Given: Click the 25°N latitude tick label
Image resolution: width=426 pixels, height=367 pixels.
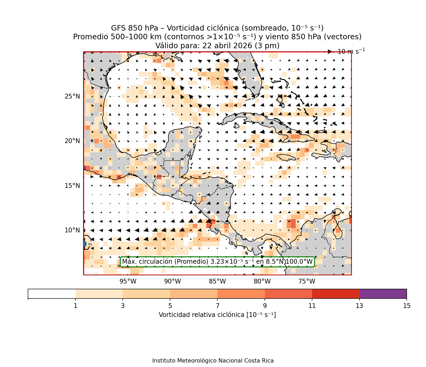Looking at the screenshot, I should [x=72, y=96].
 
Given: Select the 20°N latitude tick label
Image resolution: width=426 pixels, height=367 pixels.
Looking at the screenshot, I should [x=72, y=141].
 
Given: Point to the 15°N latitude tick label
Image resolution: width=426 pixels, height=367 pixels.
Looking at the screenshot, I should [x=72, y=186].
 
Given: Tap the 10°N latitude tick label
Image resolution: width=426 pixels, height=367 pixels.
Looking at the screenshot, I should [x=72, y=230].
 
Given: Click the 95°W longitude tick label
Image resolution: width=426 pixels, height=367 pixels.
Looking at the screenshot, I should [x=128, y=281].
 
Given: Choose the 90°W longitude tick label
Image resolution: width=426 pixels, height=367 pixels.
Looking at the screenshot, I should [x=173, y=281].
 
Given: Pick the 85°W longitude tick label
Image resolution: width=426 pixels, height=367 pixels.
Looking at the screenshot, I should [x=217, y=281].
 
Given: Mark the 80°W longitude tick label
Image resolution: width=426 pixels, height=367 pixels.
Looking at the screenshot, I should [x=262, y=281].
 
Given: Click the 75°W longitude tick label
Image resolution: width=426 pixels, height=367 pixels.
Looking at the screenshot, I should [x=307, y=281].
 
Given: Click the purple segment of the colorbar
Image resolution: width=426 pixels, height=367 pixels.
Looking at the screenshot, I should [x=383, y=294].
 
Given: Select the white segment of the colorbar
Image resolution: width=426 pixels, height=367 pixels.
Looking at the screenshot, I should [x=52, y=294].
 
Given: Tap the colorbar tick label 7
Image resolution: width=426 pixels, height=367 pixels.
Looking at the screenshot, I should [x=217, y=306].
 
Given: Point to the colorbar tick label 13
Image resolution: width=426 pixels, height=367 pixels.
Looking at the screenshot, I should [x=359, y=306].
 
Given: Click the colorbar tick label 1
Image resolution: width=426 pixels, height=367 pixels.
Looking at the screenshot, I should [x=75, y=306].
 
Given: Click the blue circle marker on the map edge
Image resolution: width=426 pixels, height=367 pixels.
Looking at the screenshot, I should [x=84, y=244].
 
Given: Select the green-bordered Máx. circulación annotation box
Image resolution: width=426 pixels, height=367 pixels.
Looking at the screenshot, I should [x=217, y=262].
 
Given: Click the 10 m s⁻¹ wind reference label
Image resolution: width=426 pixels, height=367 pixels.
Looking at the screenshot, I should [x=351, y=51].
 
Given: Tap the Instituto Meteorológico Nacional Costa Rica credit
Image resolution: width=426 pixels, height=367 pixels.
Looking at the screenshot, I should [x=213, y=361].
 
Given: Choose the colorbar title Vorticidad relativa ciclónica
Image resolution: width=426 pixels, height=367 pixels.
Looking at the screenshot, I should [x=217, y=315].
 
